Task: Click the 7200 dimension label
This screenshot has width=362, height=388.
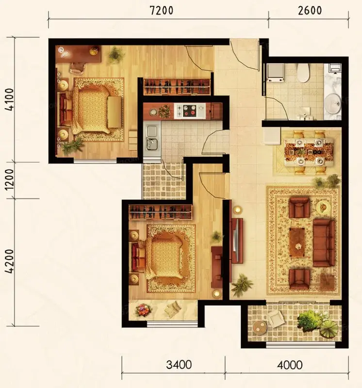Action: (162, 11)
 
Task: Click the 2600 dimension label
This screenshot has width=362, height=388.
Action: (310, 11)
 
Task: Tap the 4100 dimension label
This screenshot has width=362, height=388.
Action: (10, 99)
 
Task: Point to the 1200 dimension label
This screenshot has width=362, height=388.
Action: (10, 180)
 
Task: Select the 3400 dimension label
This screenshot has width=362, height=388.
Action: (179, 365)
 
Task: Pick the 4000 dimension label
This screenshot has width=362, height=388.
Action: (290, 365)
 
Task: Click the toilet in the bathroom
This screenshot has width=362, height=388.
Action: (303, 73)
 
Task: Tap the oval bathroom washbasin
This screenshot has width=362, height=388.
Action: (333, 104)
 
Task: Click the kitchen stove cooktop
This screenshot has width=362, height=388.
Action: (190, 111)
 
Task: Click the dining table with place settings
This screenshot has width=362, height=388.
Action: (309, 152)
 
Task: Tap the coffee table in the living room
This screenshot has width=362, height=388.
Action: (297, 242)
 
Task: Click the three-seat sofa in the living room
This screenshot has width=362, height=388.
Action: (324, 242)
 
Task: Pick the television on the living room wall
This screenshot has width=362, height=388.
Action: (237, 241)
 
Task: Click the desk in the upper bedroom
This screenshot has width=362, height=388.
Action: (78, 54)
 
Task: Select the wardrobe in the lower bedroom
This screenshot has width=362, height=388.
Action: (161, 212)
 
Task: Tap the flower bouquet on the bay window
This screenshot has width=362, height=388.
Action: (143, 310)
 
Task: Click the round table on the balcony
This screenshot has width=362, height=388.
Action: (260, 327)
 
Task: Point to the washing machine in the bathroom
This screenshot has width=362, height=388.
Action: (275, 72)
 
